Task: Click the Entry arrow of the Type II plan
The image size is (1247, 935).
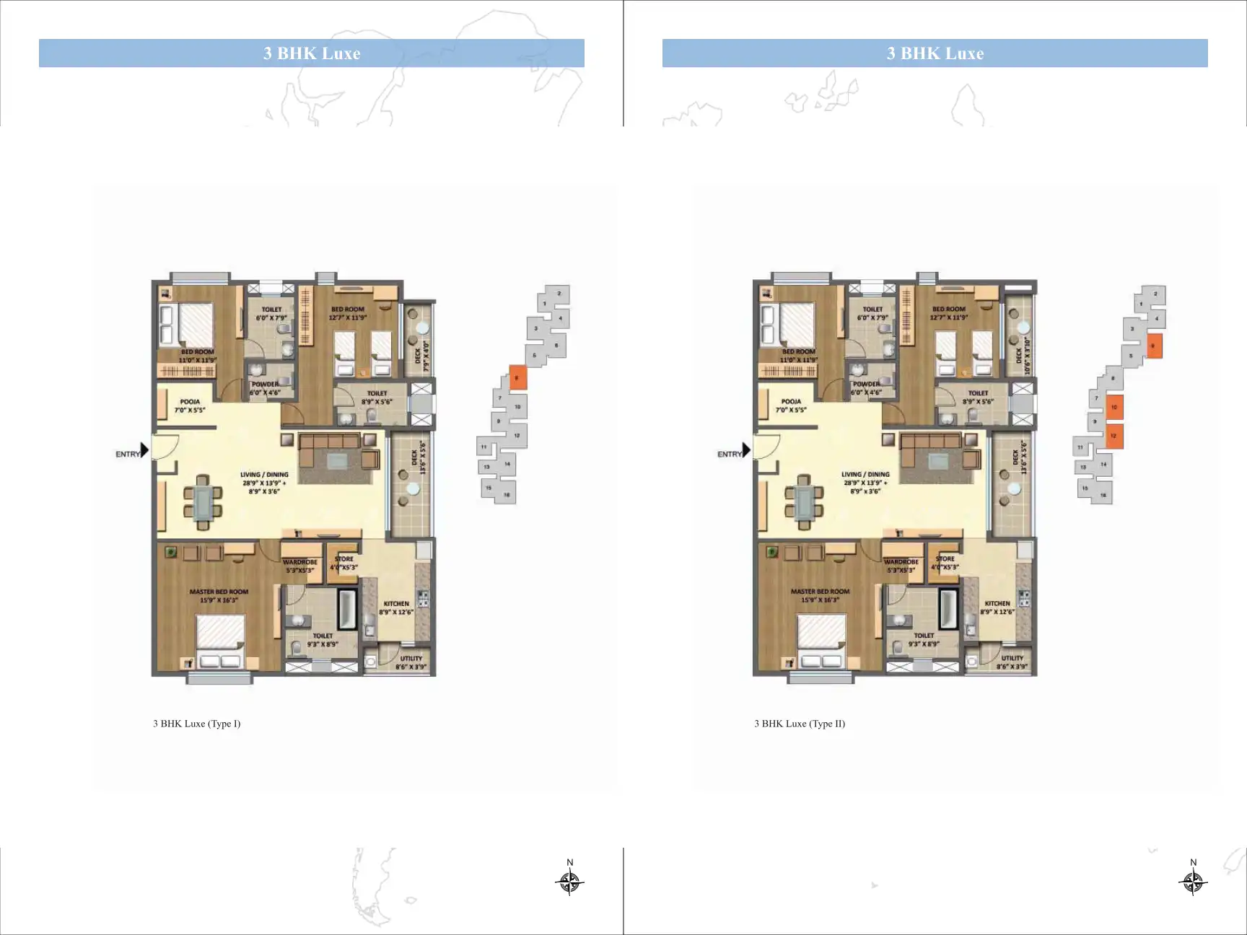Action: tap(747, 450)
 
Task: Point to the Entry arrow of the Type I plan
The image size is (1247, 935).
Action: tap(145, 450)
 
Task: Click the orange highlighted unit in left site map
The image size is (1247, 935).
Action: tap(517, 377)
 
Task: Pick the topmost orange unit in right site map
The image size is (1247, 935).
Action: tap(1154, 346)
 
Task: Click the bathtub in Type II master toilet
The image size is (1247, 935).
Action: tap(948, 609)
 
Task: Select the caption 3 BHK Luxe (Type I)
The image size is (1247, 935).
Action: tap(196, 724)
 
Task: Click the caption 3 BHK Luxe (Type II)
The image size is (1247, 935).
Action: tap(800, 724)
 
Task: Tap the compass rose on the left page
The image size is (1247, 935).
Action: tap(569, 881)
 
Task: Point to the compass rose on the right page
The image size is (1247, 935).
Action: tap(1193, 881)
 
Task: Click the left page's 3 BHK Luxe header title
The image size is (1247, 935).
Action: tap(312, 53)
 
